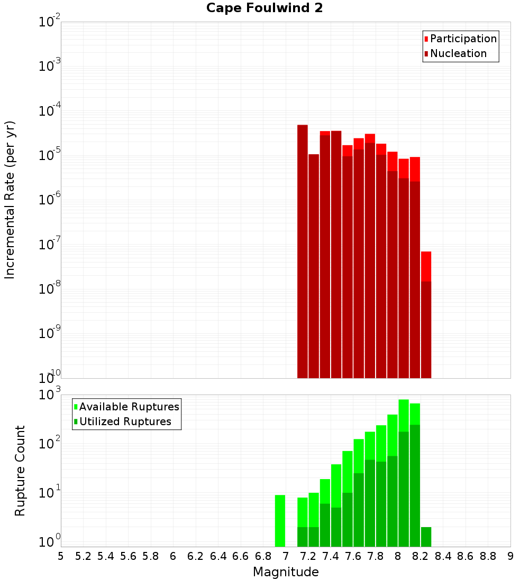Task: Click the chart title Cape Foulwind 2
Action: [x=264, y=8]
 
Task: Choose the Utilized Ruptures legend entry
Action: [x=125, y=421]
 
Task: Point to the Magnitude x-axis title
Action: [x=286, y=572]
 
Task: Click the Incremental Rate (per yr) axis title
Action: [x=10, y=200]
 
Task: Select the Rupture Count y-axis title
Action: [x=20, y=471]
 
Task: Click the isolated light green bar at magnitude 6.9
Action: [x=280, y=520]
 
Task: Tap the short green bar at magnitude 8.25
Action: [x=426, y=536]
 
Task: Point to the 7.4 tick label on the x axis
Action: [x=331, y=556]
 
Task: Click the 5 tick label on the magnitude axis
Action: [x=61, y=556]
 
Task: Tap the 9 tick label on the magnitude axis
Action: [x=510, y=556]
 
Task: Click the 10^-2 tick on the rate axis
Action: [x=50, y=22]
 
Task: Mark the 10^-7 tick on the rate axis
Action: [x=50, y=245]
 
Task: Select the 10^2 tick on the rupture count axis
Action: [x=50, y=444]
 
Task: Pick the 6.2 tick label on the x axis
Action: [x=196, y=556]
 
